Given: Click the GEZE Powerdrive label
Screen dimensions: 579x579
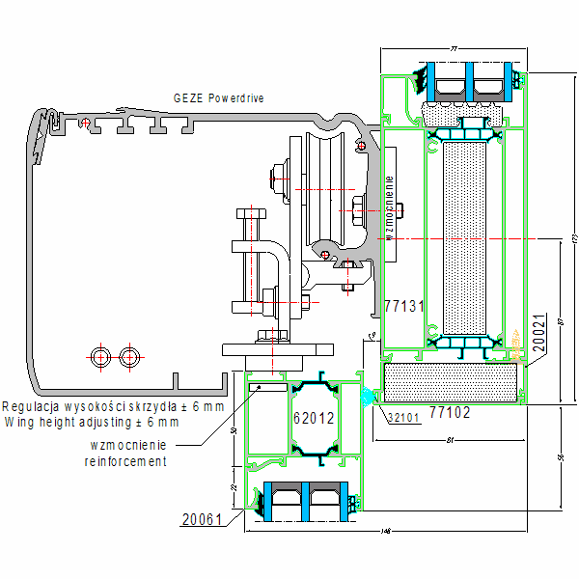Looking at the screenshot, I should [218, 98].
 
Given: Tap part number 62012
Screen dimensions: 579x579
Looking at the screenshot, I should [314, 418].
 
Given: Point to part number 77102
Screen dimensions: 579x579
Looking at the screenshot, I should [450, 413].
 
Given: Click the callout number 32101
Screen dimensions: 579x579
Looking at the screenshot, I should [403, 418].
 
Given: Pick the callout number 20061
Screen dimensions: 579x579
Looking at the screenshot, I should [202, 519].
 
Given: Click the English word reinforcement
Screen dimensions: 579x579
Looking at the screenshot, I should [125, 461].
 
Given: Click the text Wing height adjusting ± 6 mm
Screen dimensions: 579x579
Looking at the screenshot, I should [92, 422].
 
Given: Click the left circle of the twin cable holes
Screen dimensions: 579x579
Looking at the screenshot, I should [99, 357].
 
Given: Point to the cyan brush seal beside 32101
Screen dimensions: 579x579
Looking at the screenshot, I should [368, 396].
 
